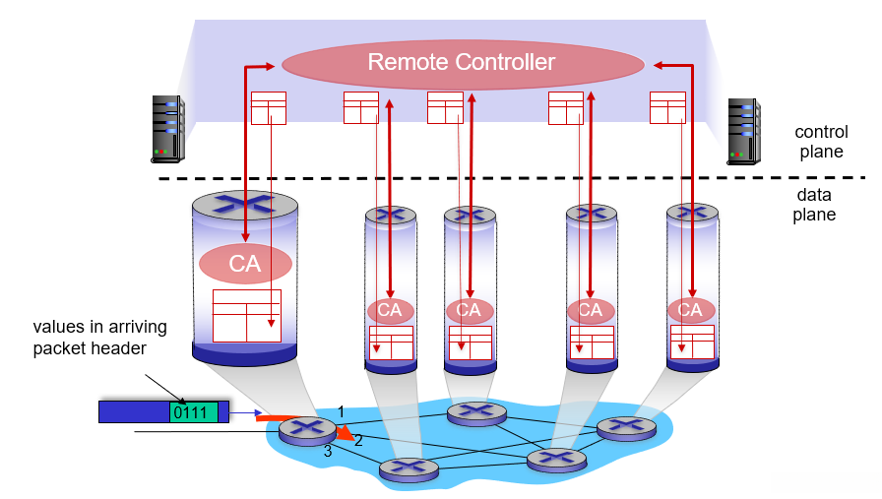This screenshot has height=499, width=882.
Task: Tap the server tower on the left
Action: pos(167,128)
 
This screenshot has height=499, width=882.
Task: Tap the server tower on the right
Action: pos(743,130)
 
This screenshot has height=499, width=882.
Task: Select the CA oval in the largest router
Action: pos(245,264)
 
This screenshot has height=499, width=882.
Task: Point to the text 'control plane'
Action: pos(820,142)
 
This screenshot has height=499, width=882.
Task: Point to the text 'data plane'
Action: pos(814,206)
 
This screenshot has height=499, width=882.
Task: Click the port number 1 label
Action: pos(341,410)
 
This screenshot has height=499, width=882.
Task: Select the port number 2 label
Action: pos(358,441)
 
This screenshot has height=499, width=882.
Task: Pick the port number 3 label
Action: pos(328,452)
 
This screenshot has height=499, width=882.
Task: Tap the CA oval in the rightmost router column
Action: pos(691,310)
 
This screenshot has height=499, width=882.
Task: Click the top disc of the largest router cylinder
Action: pos(245,205)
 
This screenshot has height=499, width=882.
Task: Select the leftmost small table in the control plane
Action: pos(268,107)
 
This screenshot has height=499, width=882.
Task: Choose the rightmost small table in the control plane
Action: pos(667,107)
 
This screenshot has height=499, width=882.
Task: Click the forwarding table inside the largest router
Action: pos(246,315)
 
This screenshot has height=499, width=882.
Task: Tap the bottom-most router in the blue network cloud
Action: pos(409,470)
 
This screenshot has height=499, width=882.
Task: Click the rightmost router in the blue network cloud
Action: pos(626,427)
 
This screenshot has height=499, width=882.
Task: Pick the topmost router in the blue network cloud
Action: pos(476,413)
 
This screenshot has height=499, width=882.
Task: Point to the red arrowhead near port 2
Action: pos(345,432)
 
